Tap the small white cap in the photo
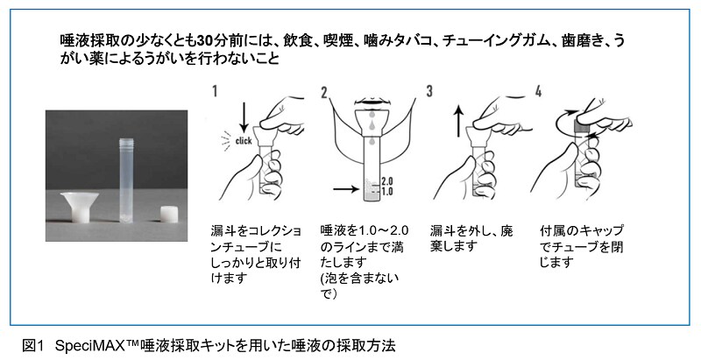click(x=169, y=214)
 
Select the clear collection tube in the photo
click(x=126, y=180)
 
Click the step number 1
click(x=215, y=91)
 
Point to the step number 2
click(x=324, y=93)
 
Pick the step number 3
click(x=429, y=91)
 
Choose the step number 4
click(x=538, y=91)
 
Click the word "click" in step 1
click(x=244, y=141)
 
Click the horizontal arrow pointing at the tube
click(x=346, y=189)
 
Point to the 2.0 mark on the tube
click(x=386, y=181)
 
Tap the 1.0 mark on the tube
click(x=386, y=192)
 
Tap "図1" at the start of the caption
click(x=34, y=346)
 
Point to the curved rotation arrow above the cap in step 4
click(x=561, y=118)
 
